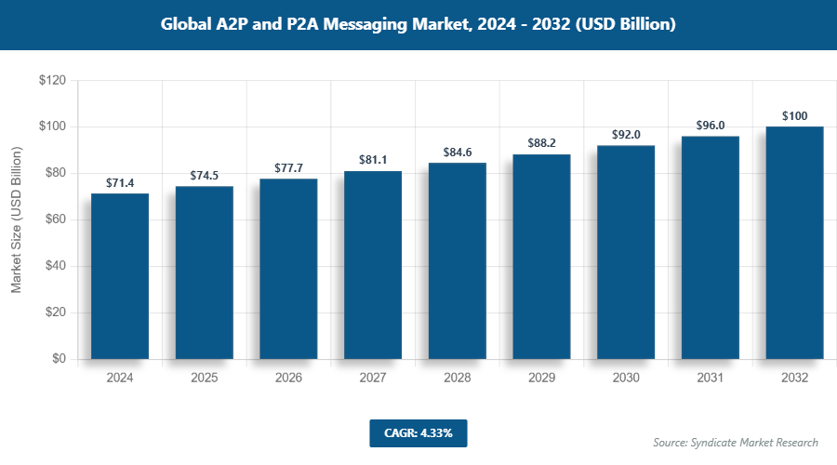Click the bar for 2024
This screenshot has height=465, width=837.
pyautogui.click(x=120, y=276)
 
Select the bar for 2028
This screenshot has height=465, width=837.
pyautogui.click(x=457, y=261)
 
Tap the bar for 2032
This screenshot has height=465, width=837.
pyautogui.click(x=794, y=243)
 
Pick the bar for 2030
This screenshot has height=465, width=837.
pyautogui.click(x=626, y=252)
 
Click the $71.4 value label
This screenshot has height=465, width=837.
pyautogui.click(x=120, y=182)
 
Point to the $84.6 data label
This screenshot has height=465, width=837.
pyautogui.click(x=457, y=152)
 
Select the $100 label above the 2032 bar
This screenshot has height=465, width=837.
pyautogui.click(x=794, y=116)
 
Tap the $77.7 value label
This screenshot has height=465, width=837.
pyautogui.click(x=288, y=167)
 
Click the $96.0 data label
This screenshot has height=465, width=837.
pyautogui.click(x=711, y=126)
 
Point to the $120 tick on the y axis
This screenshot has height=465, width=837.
pyautogui.click(x=52, y=81)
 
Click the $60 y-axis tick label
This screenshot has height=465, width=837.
pyautogui.click(x=55, y=219)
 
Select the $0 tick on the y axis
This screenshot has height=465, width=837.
pyautogui.click(x=59, y=359)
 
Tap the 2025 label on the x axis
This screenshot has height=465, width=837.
pyautogui.click(x=204, y=379)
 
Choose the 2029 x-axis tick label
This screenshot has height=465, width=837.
pyautogui.click(x=541, y=379)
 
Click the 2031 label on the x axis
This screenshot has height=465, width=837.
pyautogui.click(x=711, y=379)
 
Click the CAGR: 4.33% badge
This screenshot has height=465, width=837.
pyautogui.click(x=418, y=432)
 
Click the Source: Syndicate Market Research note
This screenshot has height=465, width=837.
pyautogui.click(x=735, y=442)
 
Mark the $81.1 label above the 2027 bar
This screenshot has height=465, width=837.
pyautogui.click(x=373, y=160)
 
